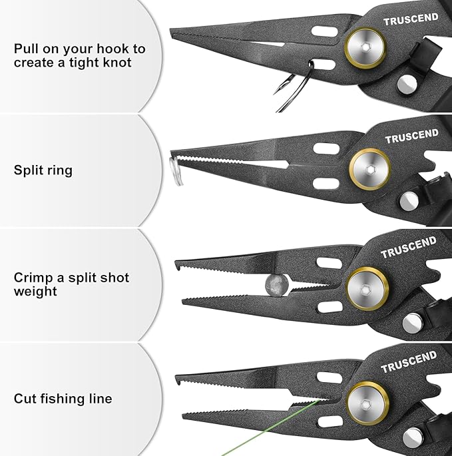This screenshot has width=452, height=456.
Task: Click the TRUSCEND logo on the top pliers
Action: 411,20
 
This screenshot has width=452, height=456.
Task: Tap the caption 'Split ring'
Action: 43,170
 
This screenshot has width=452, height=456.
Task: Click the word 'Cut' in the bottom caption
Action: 24,399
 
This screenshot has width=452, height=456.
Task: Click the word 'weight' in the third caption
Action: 35,292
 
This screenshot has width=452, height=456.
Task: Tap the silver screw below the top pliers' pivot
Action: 407,83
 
